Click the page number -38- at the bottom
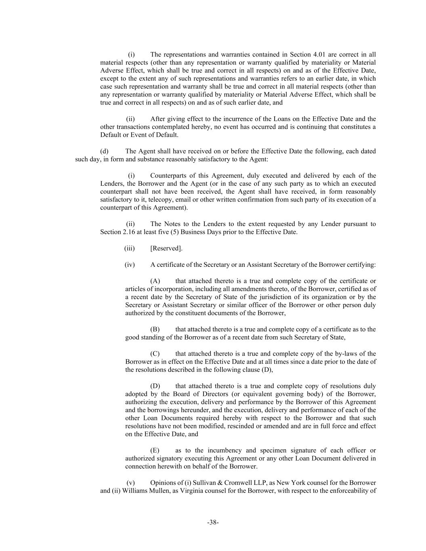coord(213,522)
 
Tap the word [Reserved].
coord(166,249)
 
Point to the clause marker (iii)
coord(130,249)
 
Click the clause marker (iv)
coord(130,265)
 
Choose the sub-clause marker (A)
coord(155,281)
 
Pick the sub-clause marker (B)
coord(155,329)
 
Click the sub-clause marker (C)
coord(155,354)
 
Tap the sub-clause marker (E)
coord(155,450)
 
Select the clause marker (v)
coord(130,483)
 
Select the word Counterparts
coord(168,176)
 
